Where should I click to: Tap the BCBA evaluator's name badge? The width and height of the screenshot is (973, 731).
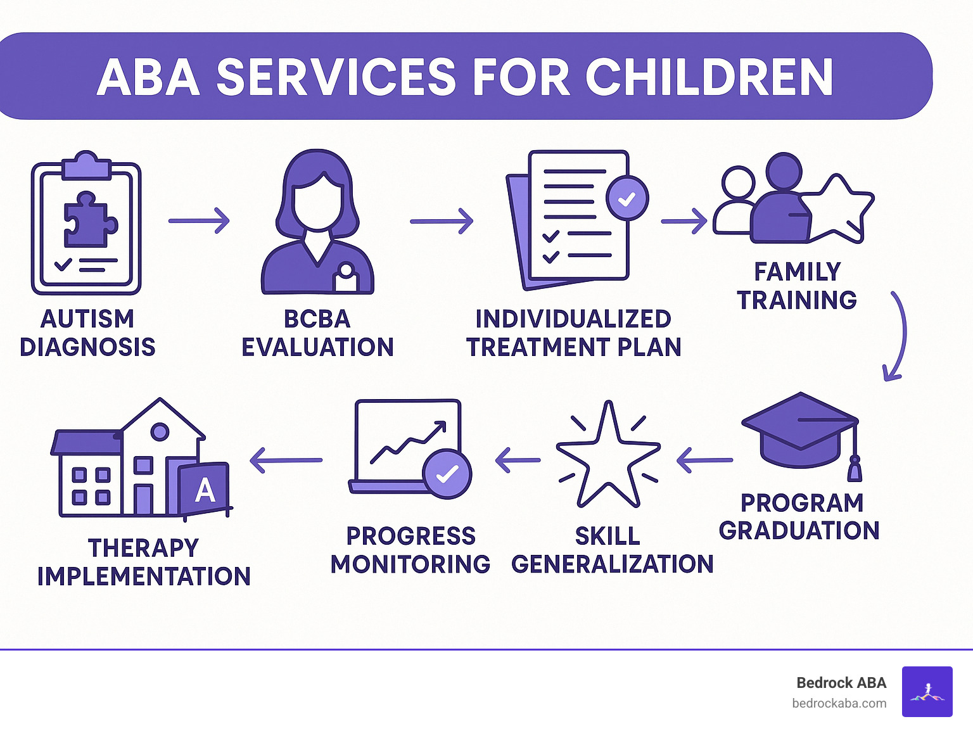click(346, 277)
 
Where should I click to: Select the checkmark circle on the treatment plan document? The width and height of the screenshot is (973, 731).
click(626, 199)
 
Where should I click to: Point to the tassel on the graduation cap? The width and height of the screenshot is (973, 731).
click(855, 469)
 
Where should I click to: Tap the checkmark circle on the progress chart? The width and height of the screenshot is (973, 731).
click(447, 474)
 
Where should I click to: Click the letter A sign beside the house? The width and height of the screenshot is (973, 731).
click(204, 490)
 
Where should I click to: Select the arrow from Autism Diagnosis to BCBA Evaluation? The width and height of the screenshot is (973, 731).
click(199, 221)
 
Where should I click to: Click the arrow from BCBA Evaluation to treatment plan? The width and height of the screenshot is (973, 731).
click(442, 221)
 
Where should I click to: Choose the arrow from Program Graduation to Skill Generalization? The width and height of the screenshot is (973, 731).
click(704, 460)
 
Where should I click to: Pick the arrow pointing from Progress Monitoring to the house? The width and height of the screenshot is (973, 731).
click(286, 461)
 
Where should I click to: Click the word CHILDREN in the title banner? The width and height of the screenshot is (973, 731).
click(709, 78)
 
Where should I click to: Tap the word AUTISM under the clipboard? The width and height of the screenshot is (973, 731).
click(87, 319)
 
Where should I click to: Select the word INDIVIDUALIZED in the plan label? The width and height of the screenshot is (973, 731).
click(573, 319)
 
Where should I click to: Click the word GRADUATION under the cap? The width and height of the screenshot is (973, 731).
click(799, 531)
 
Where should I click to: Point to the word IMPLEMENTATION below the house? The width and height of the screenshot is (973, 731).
click(144, 576)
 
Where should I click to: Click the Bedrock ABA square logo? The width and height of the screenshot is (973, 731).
click(927, 692)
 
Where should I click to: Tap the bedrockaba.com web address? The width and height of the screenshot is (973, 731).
click(839, 703)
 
